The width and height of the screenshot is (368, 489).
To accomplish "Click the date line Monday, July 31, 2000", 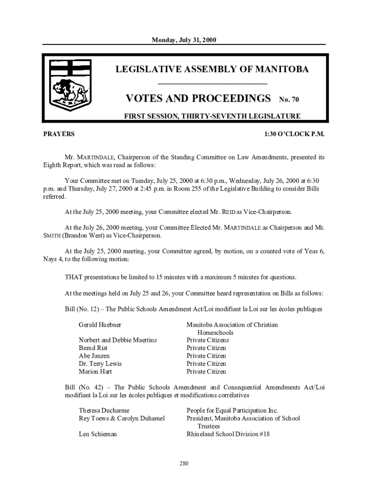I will pos(184,40).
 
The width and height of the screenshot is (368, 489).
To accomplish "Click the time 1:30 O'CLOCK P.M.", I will pos(294,134).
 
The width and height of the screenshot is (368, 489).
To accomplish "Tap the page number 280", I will pos(184,463).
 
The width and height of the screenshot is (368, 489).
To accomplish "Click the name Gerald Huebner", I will pos(100,325).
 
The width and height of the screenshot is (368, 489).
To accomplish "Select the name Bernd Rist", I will pos(93,348).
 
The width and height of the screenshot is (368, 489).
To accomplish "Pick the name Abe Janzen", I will pos(94,356).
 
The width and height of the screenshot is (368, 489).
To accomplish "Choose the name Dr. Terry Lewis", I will pos(100,364).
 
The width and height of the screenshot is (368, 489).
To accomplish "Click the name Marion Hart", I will pos(96,372).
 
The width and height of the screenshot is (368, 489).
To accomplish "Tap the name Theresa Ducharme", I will pos(104,411).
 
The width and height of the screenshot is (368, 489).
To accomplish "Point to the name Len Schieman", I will pos(97,435).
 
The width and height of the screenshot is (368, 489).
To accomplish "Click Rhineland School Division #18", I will pos(228,435).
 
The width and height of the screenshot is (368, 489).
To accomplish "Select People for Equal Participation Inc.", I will pos(232,411).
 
